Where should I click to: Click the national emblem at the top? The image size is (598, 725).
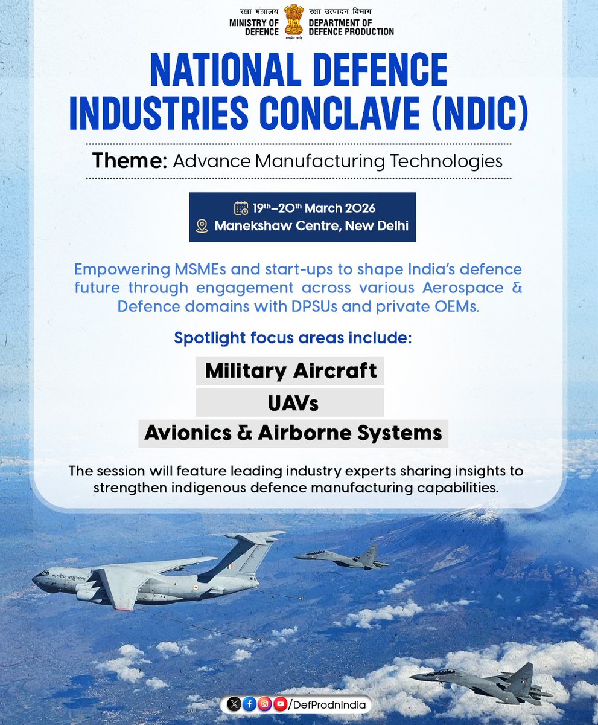point(293,21)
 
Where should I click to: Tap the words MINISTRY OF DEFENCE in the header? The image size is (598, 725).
point(253,27)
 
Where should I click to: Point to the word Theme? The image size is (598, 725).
point(129,161)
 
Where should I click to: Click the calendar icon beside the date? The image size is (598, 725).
point(241,208)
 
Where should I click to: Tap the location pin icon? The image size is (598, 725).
point(203,227)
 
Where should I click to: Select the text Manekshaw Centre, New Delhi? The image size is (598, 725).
point(311,227)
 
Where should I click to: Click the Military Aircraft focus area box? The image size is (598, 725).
point(290,370)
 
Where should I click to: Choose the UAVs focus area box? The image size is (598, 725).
point(290,402)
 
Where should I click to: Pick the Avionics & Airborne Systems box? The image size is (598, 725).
point(293,433)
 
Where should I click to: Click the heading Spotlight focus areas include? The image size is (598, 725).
point(293,337)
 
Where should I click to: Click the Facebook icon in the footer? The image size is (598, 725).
point(249,704)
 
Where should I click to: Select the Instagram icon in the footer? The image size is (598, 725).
point(264,704)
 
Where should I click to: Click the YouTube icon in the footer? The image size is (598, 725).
point(279,704)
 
